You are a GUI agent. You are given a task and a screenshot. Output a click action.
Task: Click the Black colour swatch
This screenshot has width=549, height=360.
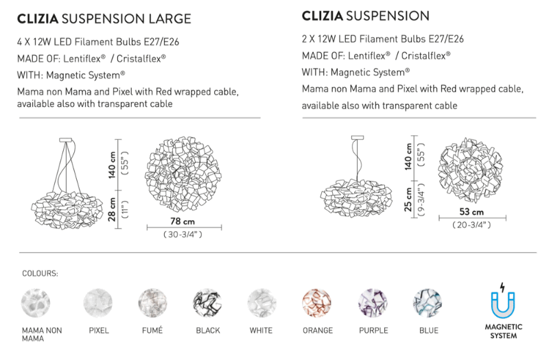pos(207,302)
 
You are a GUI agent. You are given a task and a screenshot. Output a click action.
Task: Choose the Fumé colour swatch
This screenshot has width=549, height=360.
pos(152,302)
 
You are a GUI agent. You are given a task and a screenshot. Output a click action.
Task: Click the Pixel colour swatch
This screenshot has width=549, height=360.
pos(97,302)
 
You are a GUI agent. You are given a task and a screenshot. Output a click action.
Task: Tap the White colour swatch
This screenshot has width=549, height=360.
pos(261,302)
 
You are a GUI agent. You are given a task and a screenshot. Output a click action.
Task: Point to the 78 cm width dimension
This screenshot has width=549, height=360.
pos(183,221)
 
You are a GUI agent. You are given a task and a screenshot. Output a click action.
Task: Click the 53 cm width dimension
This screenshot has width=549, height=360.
pos(471,213)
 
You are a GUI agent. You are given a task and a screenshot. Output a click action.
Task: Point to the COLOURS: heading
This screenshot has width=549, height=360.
pos(40,273)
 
